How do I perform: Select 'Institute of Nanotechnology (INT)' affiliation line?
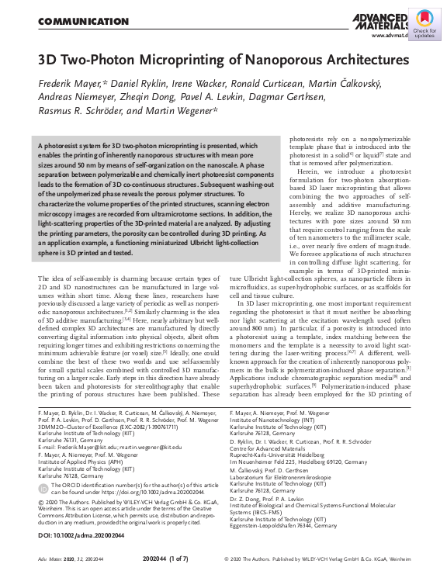(274, 419)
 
